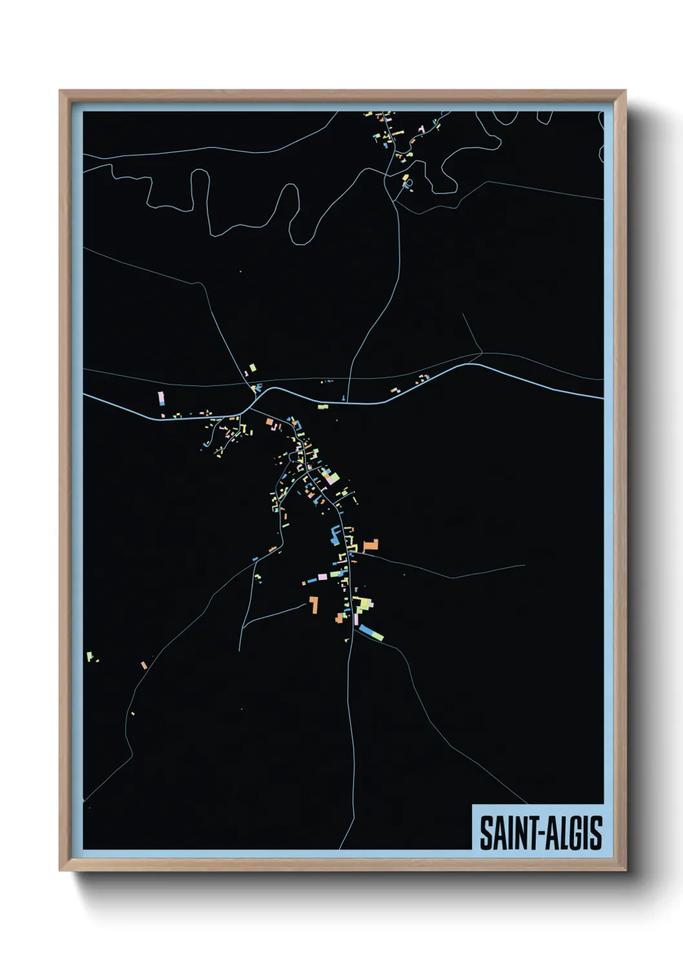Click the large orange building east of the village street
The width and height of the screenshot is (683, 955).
[371, 546]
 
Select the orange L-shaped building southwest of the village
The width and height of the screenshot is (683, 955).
[314, 605]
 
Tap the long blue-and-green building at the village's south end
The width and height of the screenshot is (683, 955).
[371, 632]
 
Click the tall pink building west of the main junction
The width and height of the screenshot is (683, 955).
[161, 397]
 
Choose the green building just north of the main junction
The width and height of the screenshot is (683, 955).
[252, 367]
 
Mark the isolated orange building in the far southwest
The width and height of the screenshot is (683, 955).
[144, 665]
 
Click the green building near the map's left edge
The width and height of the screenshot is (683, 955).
[90, 656]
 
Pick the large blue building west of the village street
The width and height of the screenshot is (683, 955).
[334, 535]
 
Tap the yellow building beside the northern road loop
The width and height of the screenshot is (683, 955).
[405, 177]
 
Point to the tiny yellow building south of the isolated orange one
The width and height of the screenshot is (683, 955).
[132, 713]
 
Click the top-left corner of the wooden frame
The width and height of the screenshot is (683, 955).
[61, 92]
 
